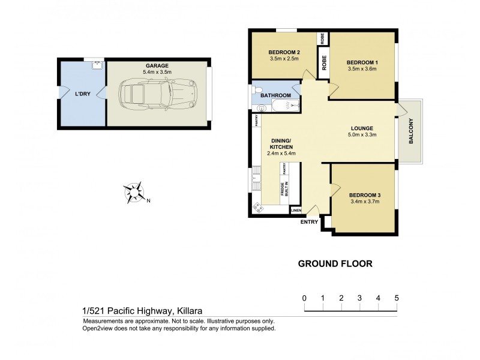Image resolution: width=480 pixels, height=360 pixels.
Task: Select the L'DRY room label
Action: click(x=82, y=94)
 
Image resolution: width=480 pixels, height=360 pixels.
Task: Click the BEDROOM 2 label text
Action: click(x=284, y=53)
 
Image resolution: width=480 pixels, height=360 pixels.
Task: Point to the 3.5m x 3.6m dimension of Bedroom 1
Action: click(x=364, y=69)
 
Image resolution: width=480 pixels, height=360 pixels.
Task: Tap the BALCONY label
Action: click(x=412, y=133)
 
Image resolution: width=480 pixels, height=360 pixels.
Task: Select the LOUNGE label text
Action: click(x=362, y=128)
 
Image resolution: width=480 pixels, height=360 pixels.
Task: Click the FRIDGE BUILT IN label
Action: click(x=284, y=191)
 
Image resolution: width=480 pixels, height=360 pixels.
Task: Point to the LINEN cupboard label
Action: click(x=296, y=211)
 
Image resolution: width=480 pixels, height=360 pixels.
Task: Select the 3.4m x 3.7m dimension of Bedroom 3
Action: click(x=364, y=202)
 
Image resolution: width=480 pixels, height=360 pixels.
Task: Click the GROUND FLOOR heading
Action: click(x=336, y=263)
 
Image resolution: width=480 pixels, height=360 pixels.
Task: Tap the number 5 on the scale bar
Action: click(x=396, y=298)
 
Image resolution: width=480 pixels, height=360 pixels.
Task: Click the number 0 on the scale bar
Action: click(x=305, y=298)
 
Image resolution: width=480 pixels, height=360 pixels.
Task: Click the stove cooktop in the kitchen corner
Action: click(x=259, y=207)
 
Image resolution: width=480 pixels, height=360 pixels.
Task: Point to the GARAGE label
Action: click(x=157, y=65)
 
